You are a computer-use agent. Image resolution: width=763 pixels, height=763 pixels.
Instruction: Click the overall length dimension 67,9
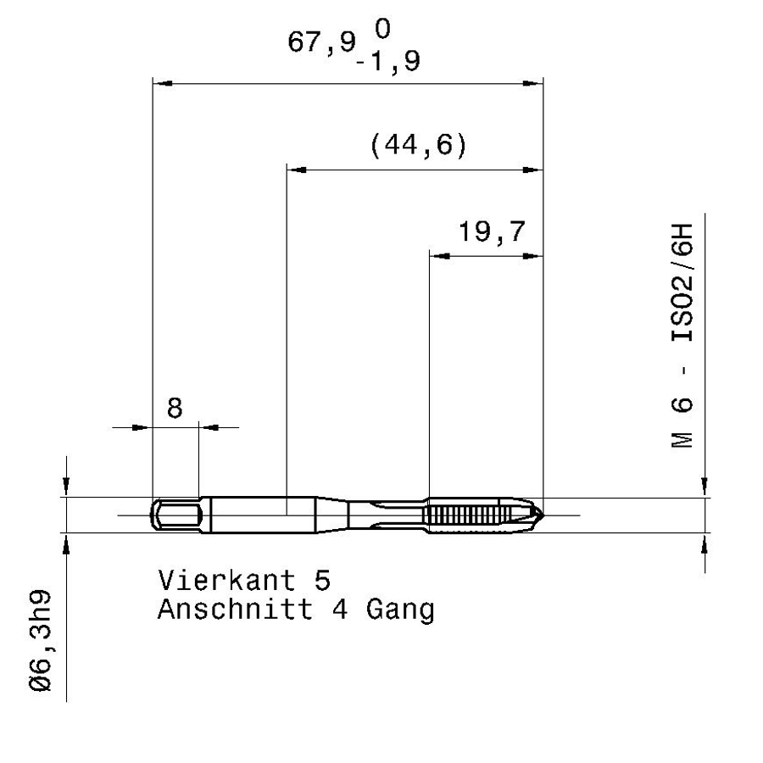tap(321, 42)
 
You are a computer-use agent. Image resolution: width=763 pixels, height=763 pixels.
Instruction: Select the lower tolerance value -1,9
tap(388, 62)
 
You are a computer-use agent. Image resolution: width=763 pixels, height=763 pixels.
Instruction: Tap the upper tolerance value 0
tap(382, 29)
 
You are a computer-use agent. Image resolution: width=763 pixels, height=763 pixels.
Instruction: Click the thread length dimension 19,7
tap(492, 231)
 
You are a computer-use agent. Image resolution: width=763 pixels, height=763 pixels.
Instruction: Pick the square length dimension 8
tap(175, 408)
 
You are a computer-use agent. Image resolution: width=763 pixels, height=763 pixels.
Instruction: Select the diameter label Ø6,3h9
tap(41, 640)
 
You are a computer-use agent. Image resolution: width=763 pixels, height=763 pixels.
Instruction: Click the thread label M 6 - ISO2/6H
tap(682, 335)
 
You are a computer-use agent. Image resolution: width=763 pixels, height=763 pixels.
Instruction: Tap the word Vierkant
tap(226, 580)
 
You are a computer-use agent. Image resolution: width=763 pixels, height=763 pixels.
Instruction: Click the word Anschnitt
tap(235, 610)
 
